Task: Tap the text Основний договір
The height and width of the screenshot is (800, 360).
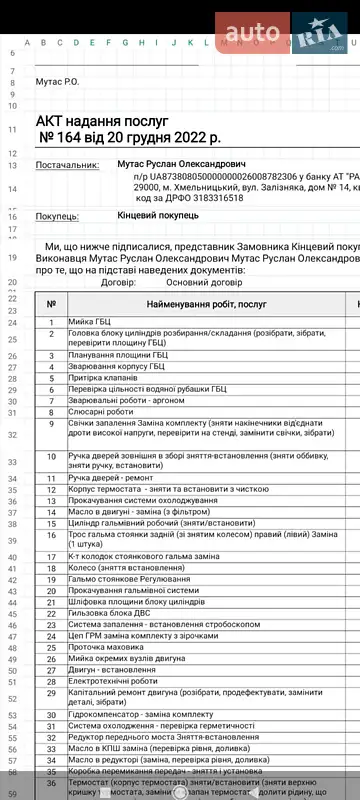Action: tap(178, 283)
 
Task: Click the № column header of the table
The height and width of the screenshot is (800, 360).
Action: tap(51, 303)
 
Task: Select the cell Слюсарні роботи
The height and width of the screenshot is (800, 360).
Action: tap(100, 411)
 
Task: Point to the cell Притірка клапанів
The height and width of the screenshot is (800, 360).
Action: tap(103, 378)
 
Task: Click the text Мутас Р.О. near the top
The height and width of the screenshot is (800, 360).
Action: tap(57, 80)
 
